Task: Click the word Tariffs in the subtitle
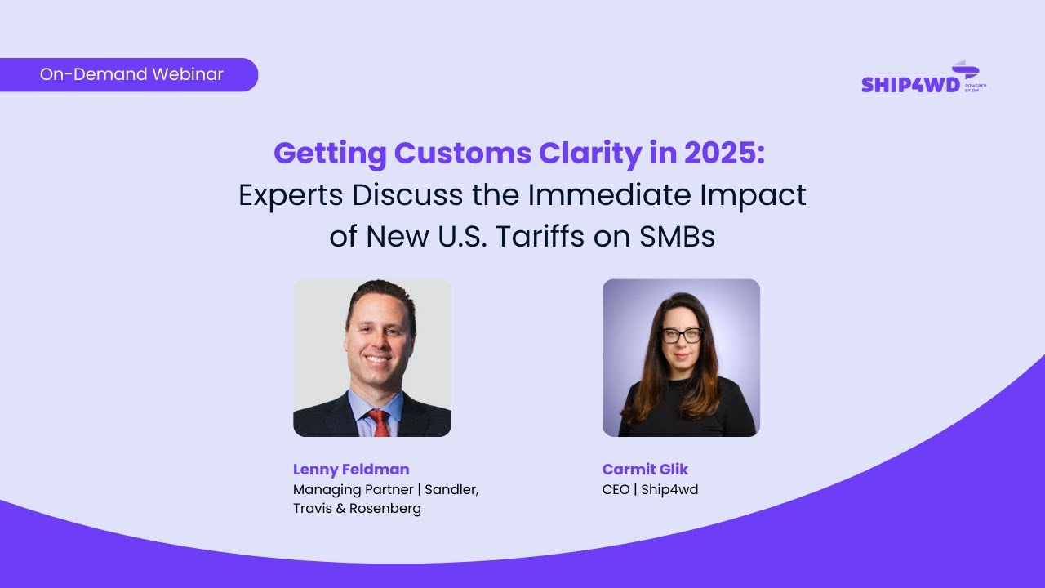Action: pos(535,237)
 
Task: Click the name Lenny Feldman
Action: pos(351,470)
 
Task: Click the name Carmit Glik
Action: pos(645,470)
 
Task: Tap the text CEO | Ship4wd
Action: pos(650,490)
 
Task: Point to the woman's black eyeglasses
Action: pos(681,335)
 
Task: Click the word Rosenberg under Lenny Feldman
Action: pos(385,509)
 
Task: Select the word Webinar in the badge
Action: pos(187,74)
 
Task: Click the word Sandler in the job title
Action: pos(453,490)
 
